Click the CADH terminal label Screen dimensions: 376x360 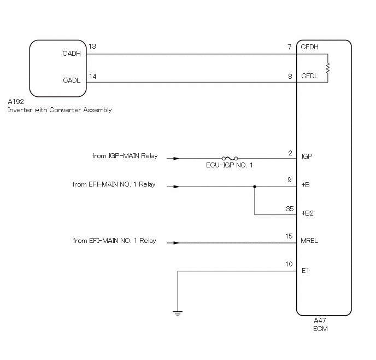click(x=72, y=53)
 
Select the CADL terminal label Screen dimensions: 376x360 click(x=72, y=80)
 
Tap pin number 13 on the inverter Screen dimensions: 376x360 click(x=92, y=47)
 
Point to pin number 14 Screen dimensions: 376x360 click(x=93, y=76)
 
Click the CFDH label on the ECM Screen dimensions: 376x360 click(x=309, y=47)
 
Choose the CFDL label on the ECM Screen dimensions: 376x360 click(x=309, y=76)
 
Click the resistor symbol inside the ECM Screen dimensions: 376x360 click(x=327, y=68)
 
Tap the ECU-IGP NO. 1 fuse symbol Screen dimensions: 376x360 click(x=230, y=159)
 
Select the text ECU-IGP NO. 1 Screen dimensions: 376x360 click(x=229, y=165)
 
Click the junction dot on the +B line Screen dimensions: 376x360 click(x=255, y=187)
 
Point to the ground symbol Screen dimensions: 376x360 click(x=178, y=313)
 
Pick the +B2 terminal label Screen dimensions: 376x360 click(x=308, y=213)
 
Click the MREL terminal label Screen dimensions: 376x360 click(x=309, y=241)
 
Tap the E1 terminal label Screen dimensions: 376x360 click(x=305, y=271)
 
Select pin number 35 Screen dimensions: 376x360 click(x=290, y=208)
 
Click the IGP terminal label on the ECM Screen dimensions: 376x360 click(x=307, y=156)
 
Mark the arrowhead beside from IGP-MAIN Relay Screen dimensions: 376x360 click(x=176, y=159)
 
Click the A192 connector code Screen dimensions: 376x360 click(x=16, y=102)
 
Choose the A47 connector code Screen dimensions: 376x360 click(x=320, y=321)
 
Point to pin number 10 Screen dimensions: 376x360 click(x=289, y=264)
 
